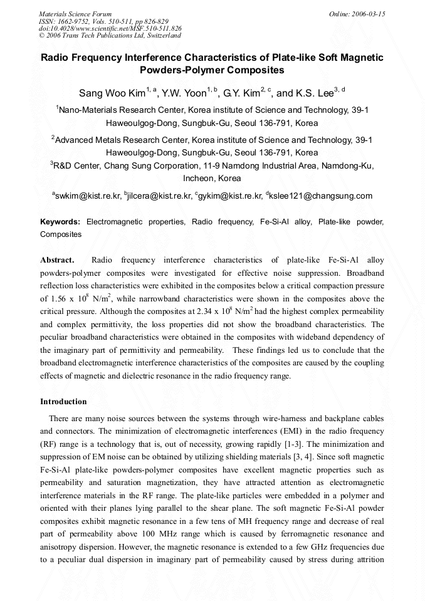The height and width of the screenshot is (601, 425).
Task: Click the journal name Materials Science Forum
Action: point(75,13)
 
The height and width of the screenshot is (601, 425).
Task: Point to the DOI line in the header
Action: point(110,28)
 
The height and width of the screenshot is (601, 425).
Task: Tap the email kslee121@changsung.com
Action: point(320,196)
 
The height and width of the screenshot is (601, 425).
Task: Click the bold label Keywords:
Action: point(60,222)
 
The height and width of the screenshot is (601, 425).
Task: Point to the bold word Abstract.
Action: point(57,259)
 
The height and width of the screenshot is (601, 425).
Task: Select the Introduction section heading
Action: point(63,402)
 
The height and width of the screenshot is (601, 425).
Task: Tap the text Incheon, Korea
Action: point(212,178)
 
